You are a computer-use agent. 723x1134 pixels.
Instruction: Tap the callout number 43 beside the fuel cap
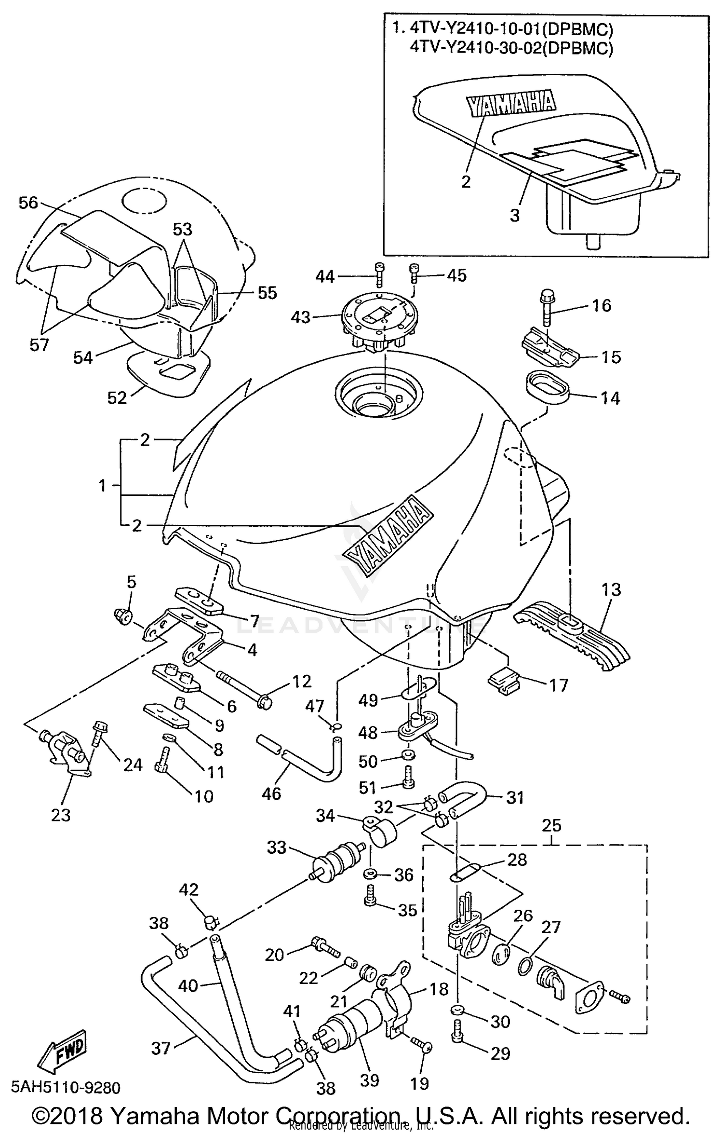click(301, 317)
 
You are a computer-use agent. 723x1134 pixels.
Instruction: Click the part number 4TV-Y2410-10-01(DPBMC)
click(511, 30)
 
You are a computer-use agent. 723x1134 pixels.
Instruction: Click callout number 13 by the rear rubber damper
click(611, 589)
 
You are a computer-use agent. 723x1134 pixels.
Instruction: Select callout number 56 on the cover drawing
click(28, 203)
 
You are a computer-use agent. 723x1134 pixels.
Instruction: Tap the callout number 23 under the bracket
click(61, 815)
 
